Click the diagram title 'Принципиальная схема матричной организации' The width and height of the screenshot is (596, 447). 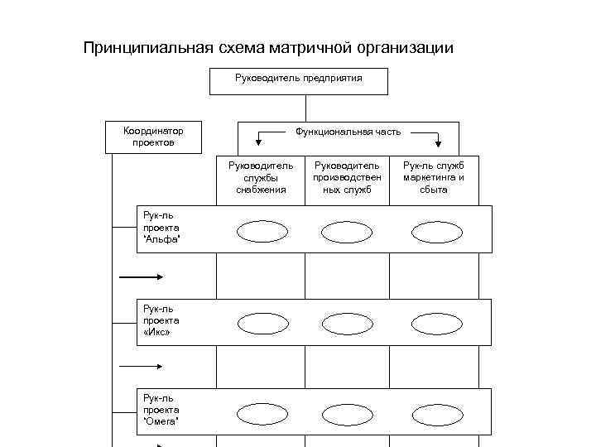pyautogui.click(x=268, y=48)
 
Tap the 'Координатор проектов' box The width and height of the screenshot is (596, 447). pyautogui.click(x=153, y=137)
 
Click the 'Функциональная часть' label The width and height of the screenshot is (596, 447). pyautogui.click(x=348, y=132)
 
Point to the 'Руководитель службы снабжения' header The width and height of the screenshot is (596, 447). pyautogui.click(x=261, y=177)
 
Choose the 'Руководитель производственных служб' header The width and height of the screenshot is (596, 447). pyautogui.click(x=347, y=177)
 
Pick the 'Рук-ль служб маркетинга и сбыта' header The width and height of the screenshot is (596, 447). pyautogui.click(x=433, y=177)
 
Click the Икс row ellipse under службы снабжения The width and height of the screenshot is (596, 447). pyautogui.click(x=262, y=323)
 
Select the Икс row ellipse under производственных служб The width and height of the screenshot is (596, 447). pyautogui.click(x=347, y=324)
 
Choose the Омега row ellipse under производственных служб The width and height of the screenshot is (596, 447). pyautogui.click(x=347, y=414)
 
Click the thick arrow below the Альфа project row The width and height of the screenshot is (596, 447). pyautogui.click(x=142, y=277)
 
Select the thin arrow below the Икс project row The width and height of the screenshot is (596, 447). pyautogui.click(x=142, y=365)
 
